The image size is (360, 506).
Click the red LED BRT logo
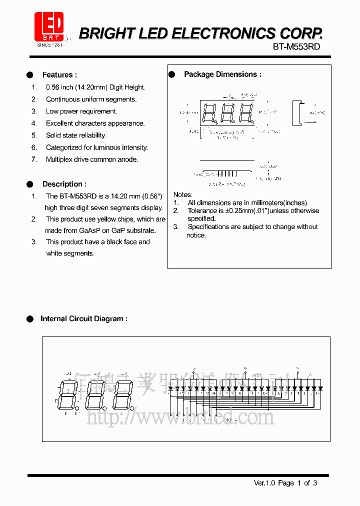click(x=48, y=26)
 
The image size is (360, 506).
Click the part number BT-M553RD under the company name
click(x=296, y=46)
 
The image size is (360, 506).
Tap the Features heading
click(x=59, y=75)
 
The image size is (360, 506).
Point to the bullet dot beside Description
click(x=30, y=184)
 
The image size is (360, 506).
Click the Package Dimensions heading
click(x=222, y=74)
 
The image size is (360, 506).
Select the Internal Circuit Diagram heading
click(x=83, y=318)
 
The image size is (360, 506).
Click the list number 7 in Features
click(x=34, y=159)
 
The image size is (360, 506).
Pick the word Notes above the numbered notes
click(x=182, y=194)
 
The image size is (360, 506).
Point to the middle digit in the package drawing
click(x=227, y=112)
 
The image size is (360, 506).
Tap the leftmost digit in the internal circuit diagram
click(x=67, y=394)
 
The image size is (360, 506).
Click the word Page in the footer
click(x=286, y=483)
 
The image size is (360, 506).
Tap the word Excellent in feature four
click(x=59, y=123)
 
